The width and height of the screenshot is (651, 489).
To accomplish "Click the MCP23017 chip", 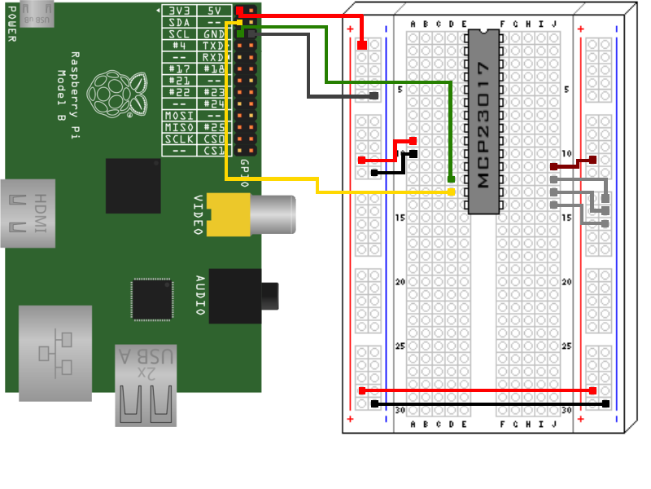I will (x=483, y=122).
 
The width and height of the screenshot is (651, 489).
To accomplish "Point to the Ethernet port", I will (x=55, y=353).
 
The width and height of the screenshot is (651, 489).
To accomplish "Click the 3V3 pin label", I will (x=179, y=11).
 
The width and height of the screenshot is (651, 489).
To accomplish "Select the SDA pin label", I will (x=179, y=23).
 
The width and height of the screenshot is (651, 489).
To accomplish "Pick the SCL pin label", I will (x=179, y=35).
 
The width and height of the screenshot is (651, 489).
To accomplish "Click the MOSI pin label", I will (x=179, y=116).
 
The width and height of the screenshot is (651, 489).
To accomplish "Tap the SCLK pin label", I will (x=179, y=139).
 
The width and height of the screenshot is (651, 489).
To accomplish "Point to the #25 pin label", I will (x=213, y=128).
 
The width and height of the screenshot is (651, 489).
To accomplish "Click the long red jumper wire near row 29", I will (x=478, y=391).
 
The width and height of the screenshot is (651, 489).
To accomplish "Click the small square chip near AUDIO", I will (x=152, y=299).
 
